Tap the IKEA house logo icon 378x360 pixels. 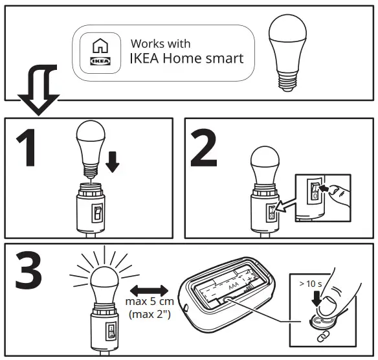[x=100, y=53]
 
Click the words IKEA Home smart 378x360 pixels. [x=187, y=59]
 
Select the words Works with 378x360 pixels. [x=161, y=43]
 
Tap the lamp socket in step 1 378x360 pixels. [x=91, y=207]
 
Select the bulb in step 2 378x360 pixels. [x=263, y=165]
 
